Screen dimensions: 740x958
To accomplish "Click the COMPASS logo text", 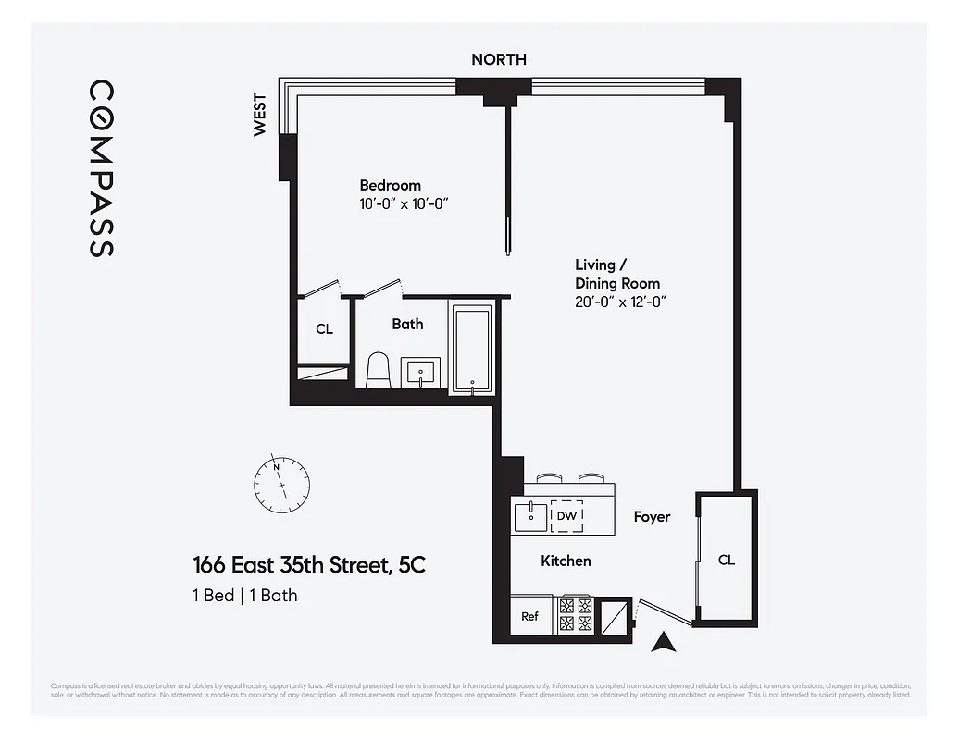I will coord(102,168).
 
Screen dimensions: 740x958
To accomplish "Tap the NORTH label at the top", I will coord(498,59).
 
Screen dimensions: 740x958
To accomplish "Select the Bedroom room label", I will coord(390,185).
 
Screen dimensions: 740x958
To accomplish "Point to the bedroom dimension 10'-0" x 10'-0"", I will coord(404,203).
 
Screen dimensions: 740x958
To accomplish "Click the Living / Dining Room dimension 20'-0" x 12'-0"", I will coord(620,302).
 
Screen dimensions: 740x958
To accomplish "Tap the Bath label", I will coord(407,324).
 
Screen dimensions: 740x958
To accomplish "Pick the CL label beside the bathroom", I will coord(324,329).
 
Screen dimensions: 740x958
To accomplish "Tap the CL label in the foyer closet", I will coord(727,560).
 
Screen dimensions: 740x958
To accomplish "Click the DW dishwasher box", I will coord(566,516).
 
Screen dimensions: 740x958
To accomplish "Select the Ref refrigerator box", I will coord(529,616).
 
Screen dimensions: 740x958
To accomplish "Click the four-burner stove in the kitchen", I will coord(576,615).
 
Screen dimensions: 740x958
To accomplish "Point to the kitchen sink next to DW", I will coord(530,515).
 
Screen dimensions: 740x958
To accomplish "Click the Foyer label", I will coord(652,517).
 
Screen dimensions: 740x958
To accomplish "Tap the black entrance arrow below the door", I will coord(662,643).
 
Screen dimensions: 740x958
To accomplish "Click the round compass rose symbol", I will coord(281,482).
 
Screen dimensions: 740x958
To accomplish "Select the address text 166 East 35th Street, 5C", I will coord(308,564).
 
